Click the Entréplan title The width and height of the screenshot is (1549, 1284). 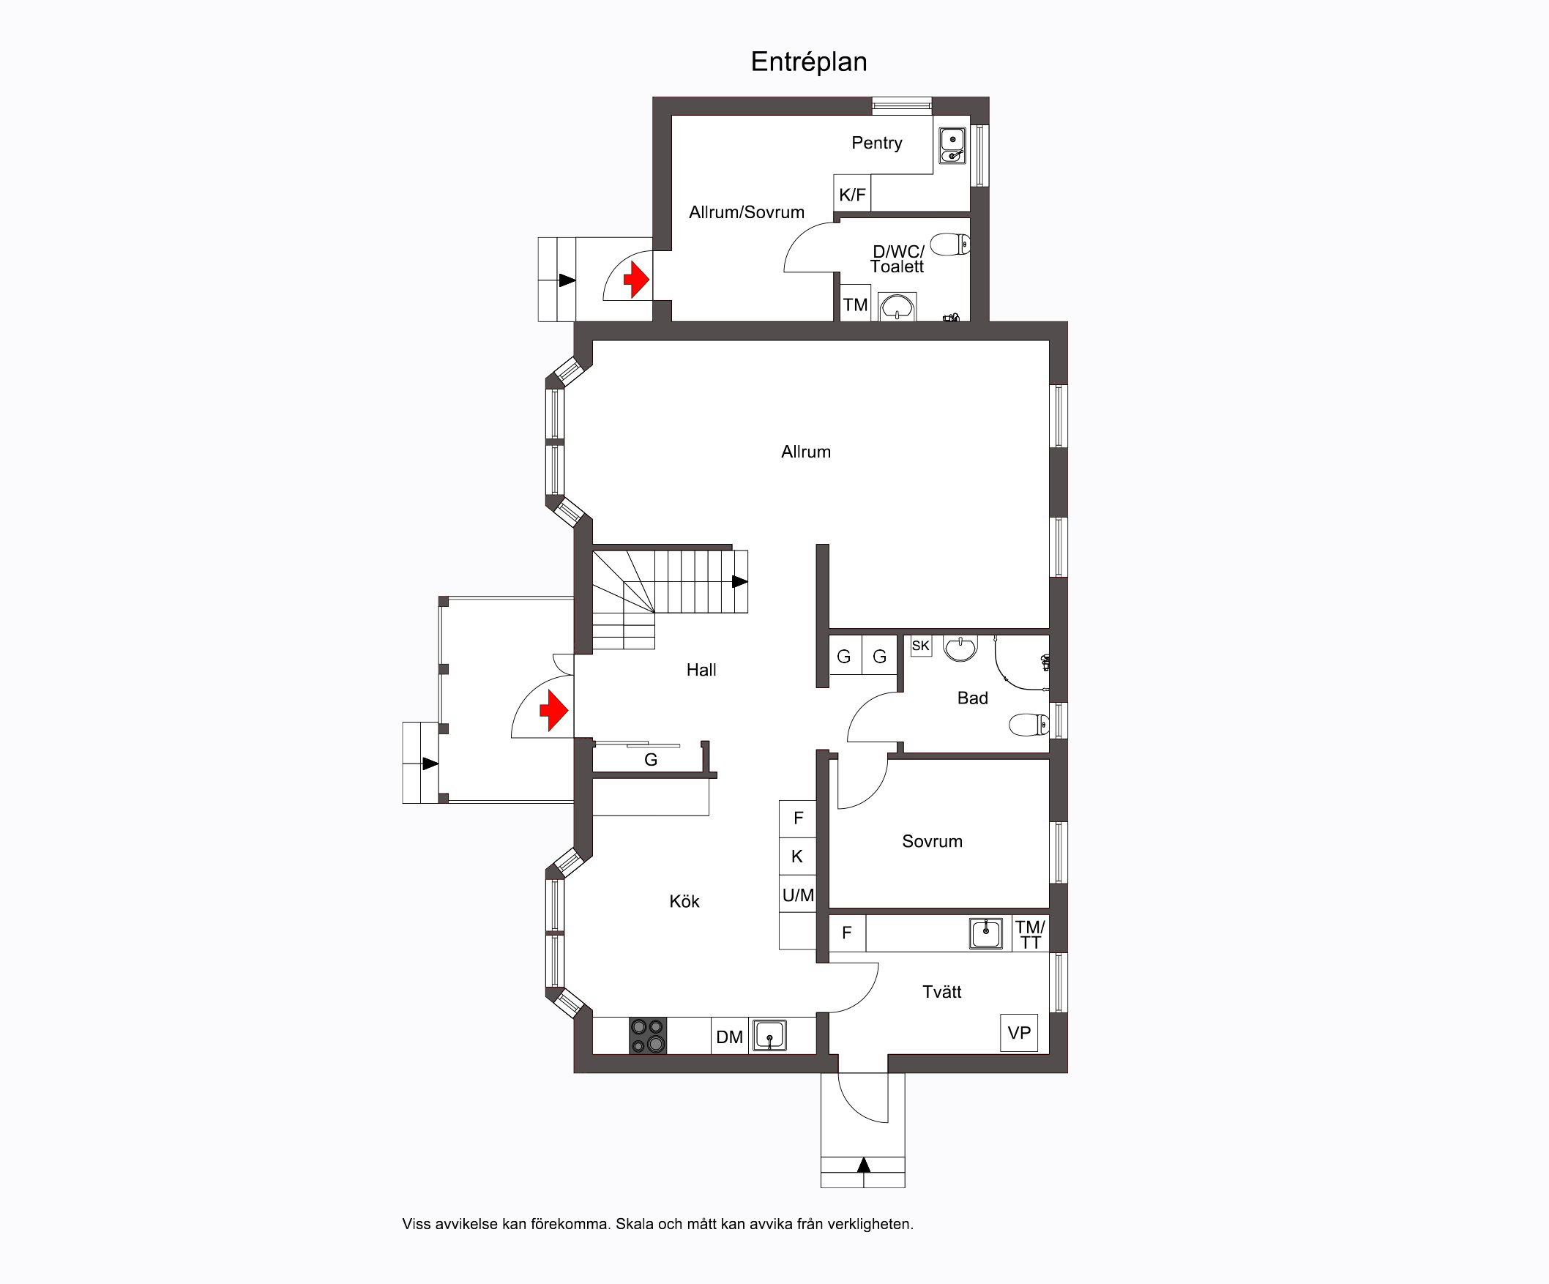[x=808, y=62]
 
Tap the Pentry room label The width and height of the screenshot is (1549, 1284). [x=876, y=143]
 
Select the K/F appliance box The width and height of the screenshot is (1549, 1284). [x=852, y=193]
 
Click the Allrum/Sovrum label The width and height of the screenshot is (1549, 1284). [x=747, y=212]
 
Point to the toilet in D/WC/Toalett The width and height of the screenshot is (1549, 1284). [x=950, y=244]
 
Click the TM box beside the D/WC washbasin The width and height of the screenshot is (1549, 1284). [x=856, y=303]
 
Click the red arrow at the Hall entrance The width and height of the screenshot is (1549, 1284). [x=553, y=710]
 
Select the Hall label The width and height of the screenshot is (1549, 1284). [x=701, y=670]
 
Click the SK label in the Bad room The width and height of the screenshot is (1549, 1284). [x=921, y=646]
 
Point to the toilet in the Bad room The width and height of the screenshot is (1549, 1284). [x=1029, y=725]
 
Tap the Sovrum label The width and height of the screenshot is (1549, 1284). [x=933, y=842]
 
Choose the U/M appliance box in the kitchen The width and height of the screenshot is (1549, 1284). [x=798, y=895]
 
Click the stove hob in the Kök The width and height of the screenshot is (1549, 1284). [x=648, y=1035]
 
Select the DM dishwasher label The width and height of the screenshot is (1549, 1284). [x=730, y=1037]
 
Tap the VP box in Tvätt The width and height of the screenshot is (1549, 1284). [x=1020, y=1032]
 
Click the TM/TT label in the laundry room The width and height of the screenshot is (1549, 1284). [x=1031, y=934]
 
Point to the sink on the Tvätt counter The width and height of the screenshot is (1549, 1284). [x=985, y=933]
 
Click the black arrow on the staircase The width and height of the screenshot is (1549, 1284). [x=740, y=582]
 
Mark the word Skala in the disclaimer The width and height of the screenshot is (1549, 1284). [x=635, y=1224]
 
